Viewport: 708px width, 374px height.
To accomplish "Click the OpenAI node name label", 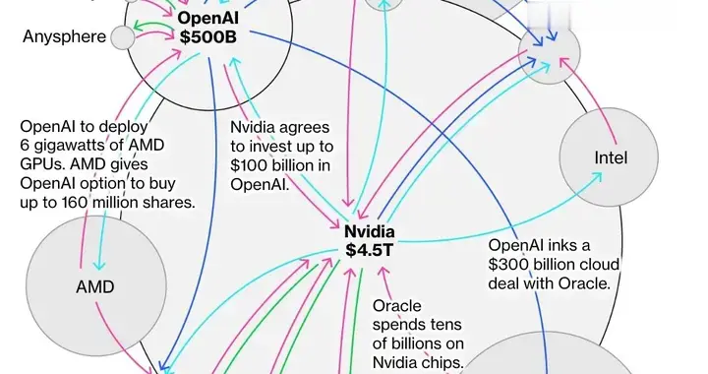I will click(208, 18).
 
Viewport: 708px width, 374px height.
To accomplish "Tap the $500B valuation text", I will click(208, 37).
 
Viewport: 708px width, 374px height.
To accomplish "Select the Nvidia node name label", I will click(369, 230).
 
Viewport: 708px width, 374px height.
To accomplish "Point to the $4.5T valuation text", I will click(369, 250).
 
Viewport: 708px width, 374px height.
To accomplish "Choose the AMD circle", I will click(95, 287).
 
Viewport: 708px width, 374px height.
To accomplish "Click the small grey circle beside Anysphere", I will click(123, 37).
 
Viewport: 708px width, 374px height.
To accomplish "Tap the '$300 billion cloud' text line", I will click(556, 264).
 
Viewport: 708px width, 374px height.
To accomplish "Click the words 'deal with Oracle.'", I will click(551, 282).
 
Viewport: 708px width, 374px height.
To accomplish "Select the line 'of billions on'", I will click(417, 343).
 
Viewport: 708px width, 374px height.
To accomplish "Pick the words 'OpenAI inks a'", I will click(540, 245).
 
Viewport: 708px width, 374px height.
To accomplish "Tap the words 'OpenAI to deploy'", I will click(83, 128).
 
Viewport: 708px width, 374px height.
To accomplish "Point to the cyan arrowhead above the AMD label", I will click(98, 267).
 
